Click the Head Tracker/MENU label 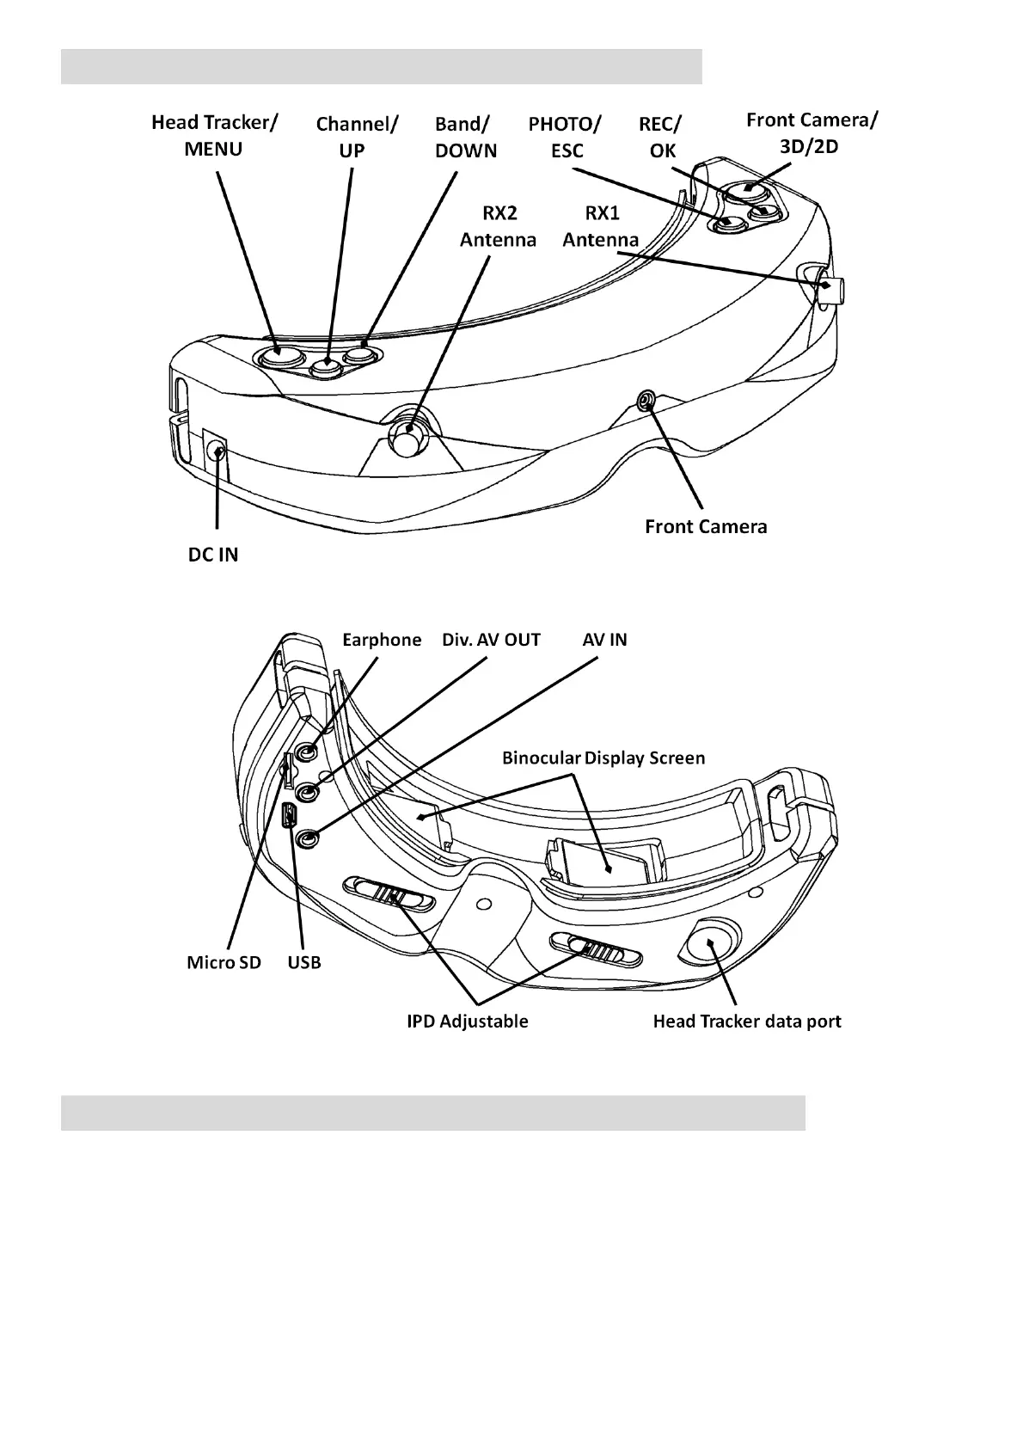pos(214,136)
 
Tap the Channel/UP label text pos(356,138)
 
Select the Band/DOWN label pos(465,138)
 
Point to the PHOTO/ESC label pos(565,138)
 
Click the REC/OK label pos(660,138)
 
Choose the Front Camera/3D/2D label pos(812,133)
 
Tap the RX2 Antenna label pos(498,226)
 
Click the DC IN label pos(213,555)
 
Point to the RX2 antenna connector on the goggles pos(407,440)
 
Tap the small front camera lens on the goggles pos(647,399)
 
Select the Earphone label pos(382,640)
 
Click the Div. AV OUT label pos(491,640)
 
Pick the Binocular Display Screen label pos(603,758)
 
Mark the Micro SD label pos(224,962)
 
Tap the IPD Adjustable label pos(467,1022)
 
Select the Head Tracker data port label pos(746,1022)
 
